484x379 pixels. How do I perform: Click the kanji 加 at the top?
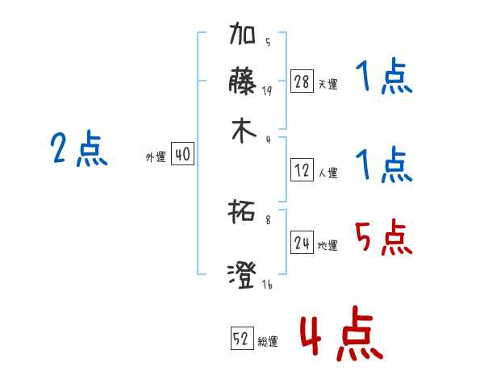[x=243, y=36]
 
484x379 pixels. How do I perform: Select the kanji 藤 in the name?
[x=243, y=81]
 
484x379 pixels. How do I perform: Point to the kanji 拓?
[x=243, y=214]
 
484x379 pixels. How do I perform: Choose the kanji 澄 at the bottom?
[x=243, y=275]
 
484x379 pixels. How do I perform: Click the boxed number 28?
[x=302, y=81]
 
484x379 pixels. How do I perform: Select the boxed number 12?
[x=302, y=170]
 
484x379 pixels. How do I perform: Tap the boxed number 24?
[x=302, y=243]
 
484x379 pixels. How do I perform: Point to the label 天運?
[x=327, y=84]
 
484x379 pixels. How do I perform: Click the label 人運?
[x=328, y=173]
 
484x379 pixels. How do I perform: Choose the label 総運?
[x=268, y=342]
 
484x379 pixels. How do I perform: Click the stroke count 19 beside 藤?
[x=267, y=91]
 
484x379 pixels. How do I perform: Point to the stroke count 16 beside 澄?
[x=267, y=285]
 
